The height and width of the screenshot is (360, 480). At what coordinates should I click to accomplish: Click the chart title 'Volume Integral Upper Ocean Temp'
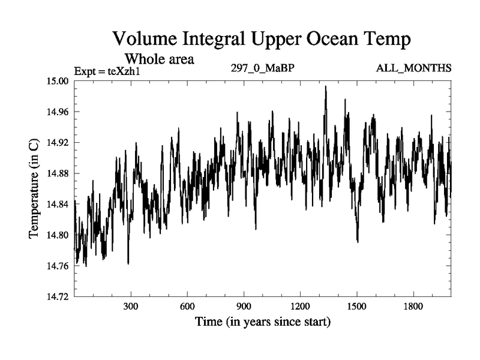pyautogui.click(x=262, y=40)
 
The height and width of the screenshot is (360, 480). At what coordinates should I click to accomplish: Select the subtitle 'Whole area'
pyautogui.click(x=158, y=59)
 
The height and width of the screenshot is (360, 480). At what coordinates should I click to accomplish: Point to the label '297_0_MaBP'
pyautogui.click(x=262, y=67)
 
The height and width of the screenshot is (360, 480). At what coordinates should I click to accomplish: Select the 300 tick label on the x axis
pyautogui.click(x=131, y=307)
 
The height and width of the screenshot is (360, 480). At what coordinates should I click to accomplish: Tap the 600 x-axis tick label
pyautogui.click(x=187, y=307)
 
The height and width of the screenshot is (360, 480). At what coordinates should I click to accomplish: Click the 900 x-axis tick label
pyautogui.click(x=244, y=307)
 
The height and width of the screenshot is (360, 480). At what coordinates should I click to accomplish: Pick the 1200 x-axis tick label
pyautogui.click(x=300, y=307)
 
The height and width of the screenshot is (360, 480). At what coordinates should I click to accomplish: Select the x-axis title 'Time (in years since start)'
pyautogui.click(x=262, y=322)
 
